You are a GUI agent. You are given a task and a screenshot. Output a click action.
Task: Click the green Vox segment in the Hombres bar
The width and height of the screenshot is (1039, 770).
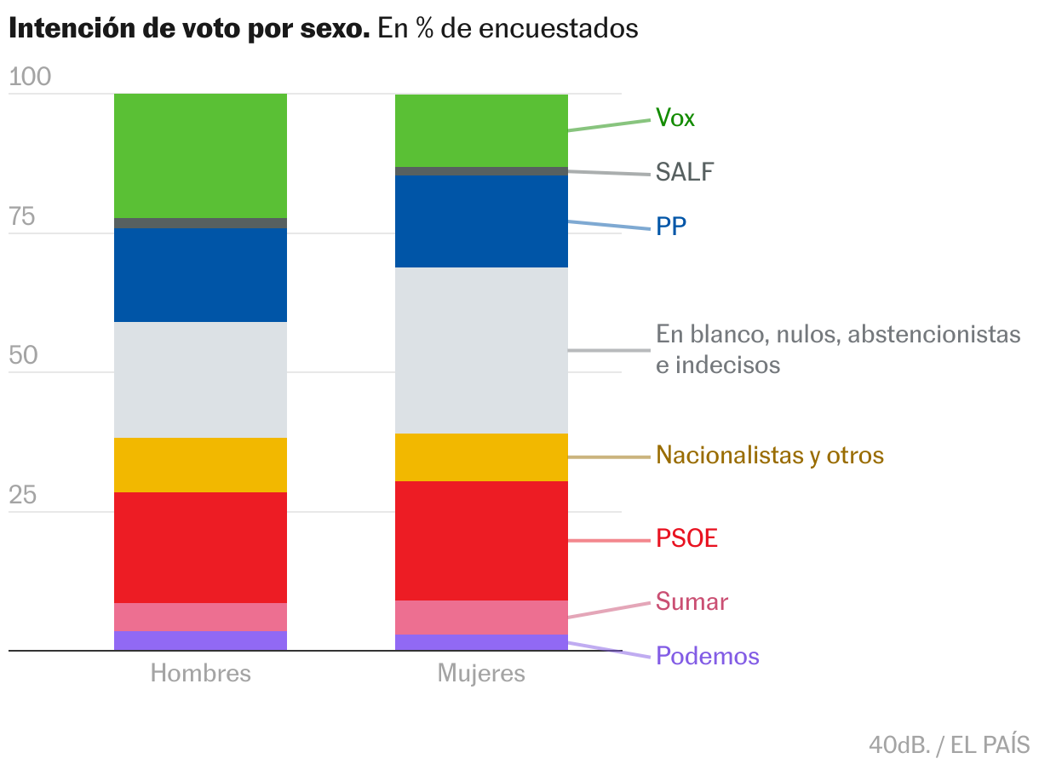(200, 155)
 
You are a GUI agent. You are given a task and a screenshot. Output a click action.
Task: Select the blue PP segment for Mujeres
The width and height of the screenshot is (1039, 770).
(481, 221)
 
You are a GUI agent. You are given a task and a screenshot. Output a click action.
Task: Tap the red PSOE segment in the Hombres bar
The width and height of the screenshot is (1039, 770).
(200, 547)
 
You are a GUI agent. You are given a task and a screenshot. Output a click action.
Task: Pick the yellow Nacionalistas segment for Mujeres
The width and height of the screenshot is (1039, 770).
(481, 457)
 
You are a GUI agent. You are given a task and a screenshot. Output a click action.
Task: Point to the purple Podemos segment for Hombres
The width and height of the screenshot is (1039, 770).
(200, 641)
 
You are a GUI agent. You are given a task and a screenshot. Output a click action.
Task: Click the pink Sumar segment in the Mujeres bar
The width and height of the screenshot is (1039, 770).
(481, 618)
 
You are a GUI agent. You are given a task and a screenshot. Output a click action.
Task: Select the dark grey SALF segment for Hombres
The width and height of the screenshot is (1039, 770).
(200, 223)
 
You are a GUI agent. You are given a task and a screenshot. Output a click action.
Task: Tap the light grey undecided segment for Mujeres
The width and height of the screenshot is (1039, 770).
(481, 350)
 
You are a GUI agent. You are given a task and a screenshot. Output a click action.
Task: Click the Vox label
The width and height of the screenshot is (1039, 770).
(675, 118)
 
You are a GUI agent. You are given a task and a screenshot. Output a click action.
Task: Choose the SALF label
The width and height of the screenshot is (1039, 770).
(685, 173)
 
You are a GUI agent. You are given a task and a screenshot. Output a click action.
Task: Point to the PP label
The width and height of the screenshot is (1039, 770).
(671, 227)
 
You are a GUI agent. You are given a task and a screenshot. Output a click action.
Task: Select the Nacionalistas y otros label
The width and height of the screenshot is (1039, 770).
(770, 456)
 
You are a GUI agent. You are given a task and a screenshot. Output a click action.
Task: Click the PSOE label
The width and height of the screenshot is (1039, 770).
(687, 539)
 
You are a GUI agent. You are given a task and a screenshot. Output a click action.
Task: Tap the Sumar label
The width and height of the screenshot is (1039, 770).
(692, 602)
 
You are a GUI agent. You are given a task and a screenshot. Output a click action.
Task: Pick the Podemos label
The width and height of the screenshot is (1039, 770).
(708, 656)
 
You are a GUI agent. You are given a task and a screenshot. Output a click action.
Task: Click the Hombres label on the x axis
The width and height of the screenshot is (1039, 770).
(201, 674)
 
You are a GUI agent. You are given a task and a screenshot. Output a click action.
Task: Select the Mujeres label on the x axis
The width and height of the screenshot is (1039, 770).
(481, 674)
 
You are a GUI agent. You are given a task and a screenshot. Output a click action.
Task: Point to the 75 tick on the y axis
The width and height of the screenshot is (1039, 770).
(23, 217)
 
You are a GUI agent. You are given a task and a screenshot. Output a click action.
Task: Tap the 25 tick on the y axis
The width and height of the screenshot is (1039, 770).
(23, 496)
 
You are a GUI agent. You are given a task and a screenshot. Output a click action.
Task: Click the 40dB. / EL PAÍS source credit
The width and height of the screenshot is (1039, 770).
(949, 744)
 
